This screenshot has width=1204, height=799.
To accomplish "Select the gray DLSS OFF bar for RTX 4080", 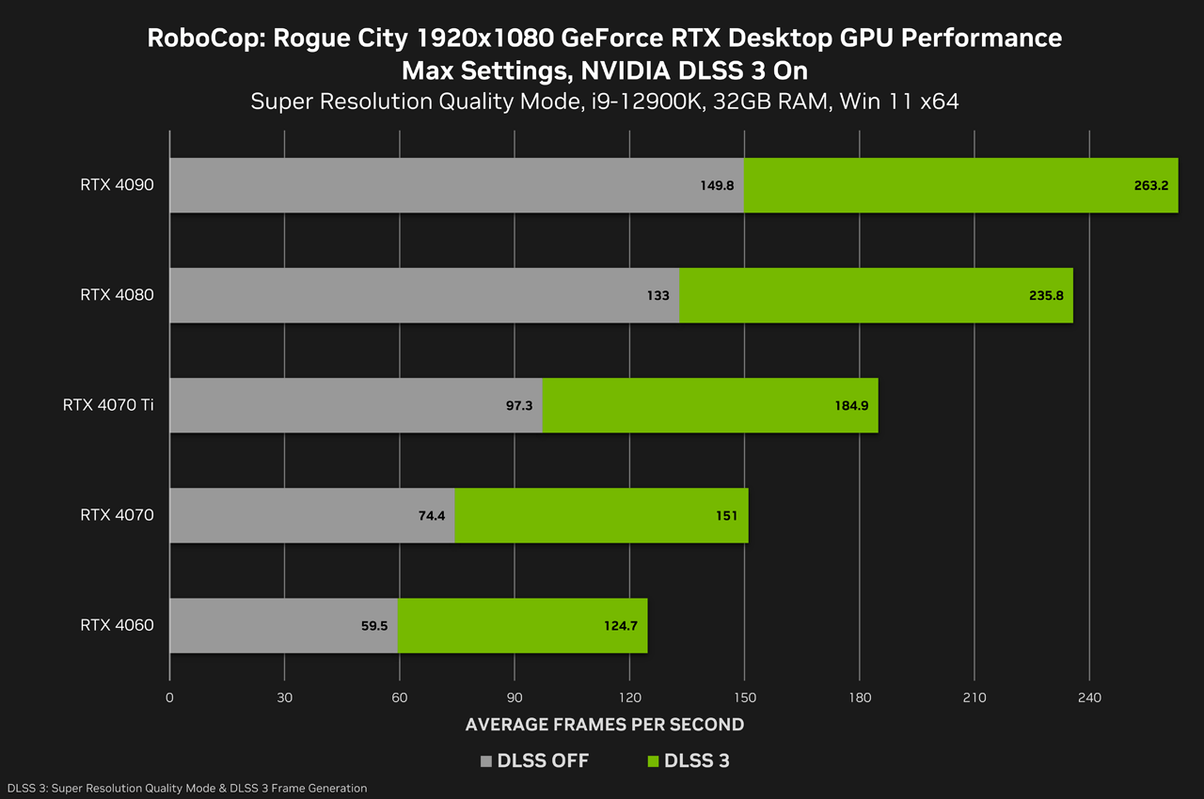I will pyautogui.click(x=404, y=295).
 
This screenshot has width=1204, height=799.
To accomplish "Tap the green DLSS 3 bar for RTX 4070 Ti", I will pyautogui.click(x=710, y=405).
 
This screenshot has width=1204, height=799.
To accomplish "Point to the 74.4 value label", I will pyautogui.click(x=431, y=515).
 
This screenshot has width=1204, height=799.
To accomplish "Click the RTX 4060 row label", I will pyautogui.click(x=117, y=625).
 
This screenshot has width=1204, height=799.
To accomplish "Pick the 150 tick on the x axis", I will pyautogui.click(x=744, y=697).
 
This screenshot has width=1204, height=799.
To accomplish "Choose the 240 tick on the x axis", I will pyautogui.click(x=1088, y=697).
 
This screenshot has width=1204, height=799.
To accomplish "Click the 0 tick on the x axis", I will pyautogui.click(x=169, y=697).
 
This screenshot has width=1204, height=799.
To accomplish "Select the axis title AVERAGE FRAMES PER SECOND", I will pyautogui.click(x=605, y=725).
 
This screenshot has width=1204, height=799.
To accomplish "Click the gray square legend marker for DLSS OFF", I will pyautogui.click(x=486, y=761).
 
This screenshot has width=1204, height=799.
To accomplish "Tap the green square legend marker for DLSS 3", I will pyautogui.click(x=654, y=761).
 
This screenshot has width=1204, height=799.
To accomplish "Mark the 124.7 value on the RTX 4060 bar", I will pyautogui.click(x=619, y=625).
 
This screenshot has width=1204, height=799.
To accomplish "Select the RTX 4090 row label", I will pyautogui.click(x=117, y=185).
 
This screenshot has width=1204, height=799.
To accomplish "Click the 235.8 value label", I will pyautogui.click(x=1046, y=295).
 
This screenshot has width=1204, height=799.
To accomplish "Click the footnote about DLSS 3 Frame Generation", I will pyautogui.click(x=186, y=788).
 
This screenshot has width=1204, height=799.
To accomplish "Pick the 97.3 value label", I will pyautogui.click(x=518, y=405).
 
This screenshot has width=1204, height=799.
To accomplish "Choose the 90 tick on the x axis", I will pyautogui.click(x=515, y=697).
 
